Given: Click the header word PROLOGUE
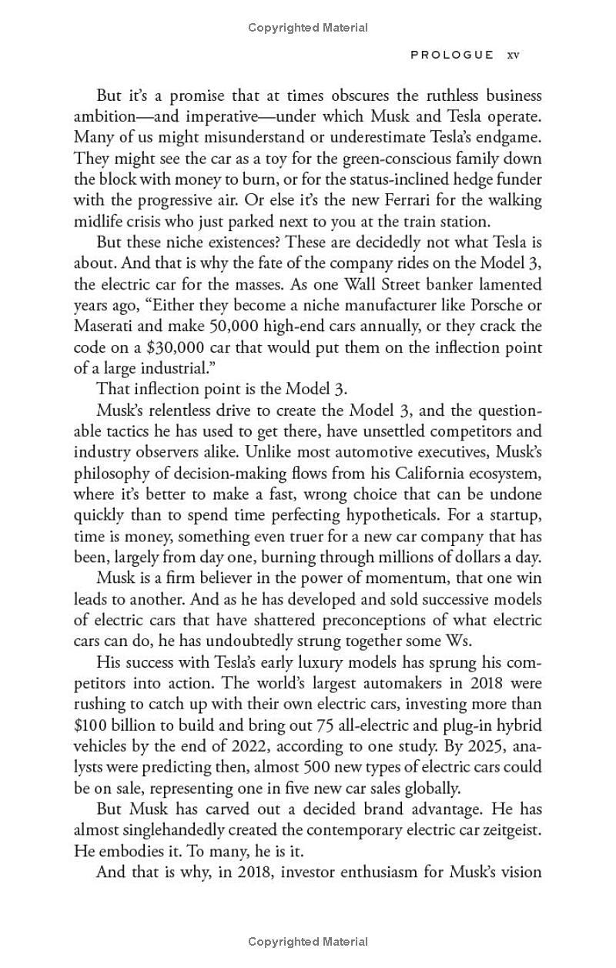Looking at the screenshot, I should pos(452,55).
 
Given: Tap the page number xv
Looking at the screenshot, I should pos(513,55).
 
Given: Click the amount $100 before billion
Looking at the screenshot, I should pos(91,725).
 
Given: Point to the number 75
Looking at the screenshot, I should pos(326,725).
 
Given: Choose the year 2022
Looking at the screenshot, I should pos(233,746).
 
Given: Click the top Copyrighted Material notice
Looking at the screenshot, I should pos(308,28).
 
